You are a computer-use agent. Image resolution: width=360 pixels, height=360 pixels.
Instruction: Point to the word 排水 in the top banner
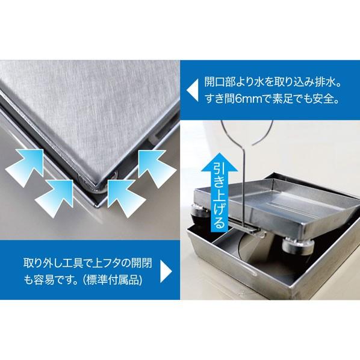pos(324,82)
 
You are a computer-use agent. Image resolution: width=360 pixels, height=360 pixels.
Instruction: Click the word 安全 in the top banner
pos(322,99)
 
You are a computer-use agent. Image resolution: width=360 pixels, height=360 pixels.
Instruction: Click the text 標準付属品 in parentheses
pos(113,281)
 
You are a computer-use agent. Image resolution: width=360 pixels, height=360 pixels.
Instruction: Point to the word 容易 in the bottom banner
pos(44,281)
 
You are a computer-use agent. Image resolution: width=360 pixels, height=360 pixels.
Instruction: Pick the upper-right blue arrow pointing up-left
pos(156,167)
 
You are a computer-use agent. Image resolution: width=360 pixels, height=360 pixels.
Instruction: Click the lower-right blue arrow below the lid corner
pos(125,197)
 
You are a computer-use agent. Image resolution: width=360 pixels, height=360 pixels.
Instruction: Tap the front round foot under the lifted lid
pos(297,247)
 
